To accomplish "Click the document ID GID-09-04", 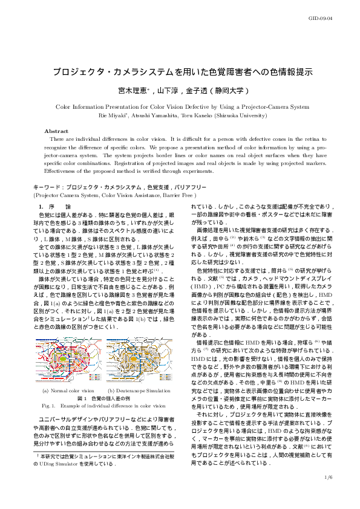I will click(337, 19).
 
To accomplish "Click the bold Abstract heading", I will click(56, 131).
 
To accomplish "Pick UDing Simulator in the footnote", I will click(63, 464).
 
